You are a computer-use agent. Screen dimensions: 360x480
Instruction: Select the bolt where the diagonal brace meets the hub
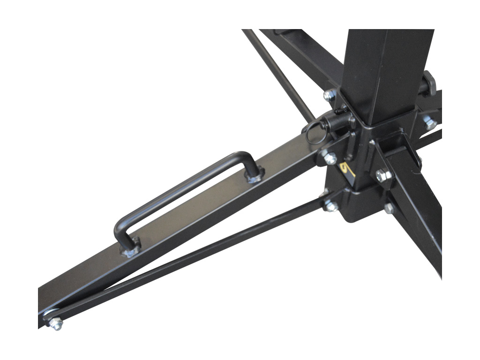[x=330, y=205]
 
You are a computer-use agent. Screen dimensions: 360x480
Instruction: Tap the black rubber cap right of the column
[x=429, y=83]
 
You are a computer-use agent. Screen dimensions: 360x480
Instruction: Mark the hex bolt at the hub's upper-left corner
[x=330, y=96]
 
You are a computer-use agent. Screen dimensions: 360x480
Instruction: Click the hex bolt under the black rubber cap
[x=429, y=123]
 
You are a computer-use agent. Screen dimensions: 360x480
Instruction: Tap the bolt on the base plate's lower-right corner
[x=389, y=208]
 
